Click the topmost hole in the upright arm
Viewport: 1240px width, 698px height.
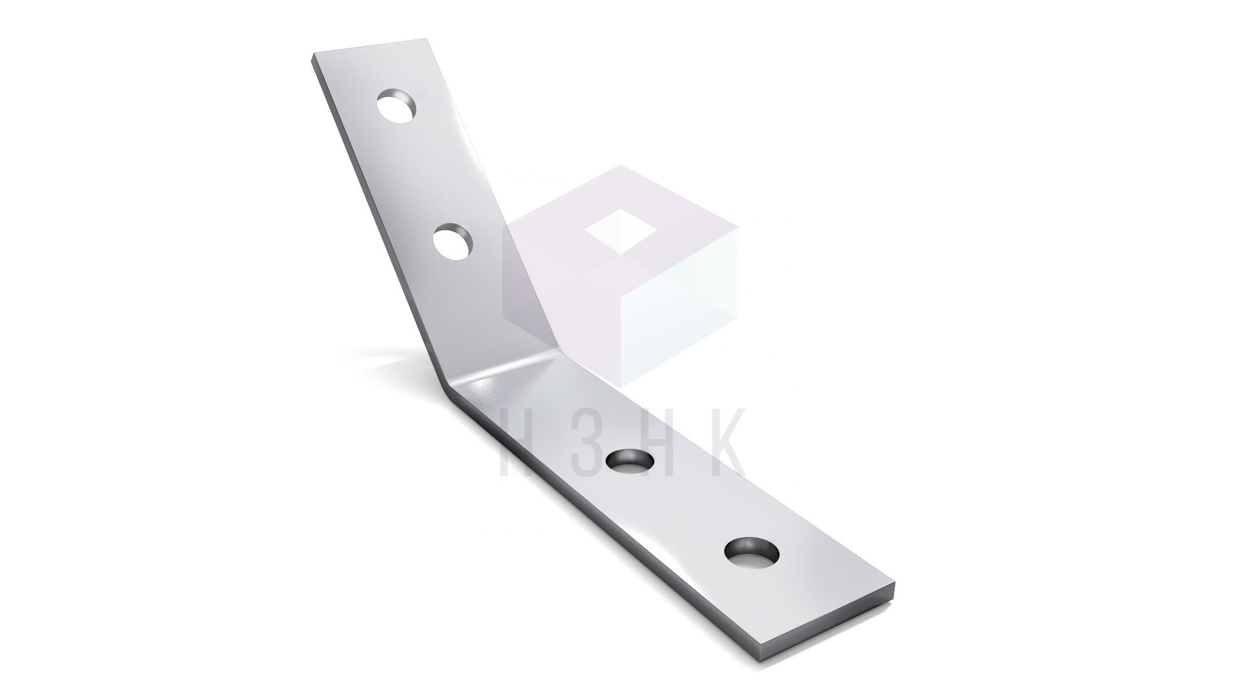pyautogui.click(x=397, y=107)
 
